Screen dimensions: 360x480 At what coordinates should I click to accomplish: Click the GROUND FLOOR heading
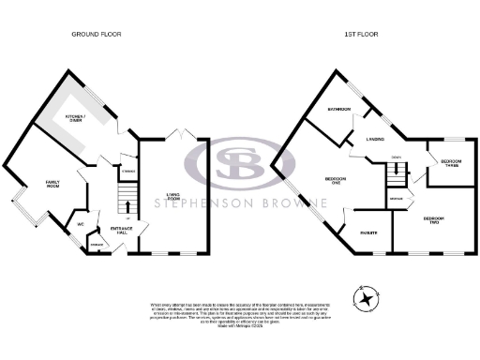tap(97, 34)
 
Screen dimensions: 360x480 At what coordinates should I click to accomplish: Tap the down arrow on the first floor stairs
tap(397, 170)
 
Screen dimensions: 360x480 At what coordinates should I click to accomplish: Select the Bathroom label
tap(337, 111)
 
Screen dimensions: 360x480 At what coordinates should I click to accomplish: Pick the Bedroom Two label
tap(433, 220)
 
